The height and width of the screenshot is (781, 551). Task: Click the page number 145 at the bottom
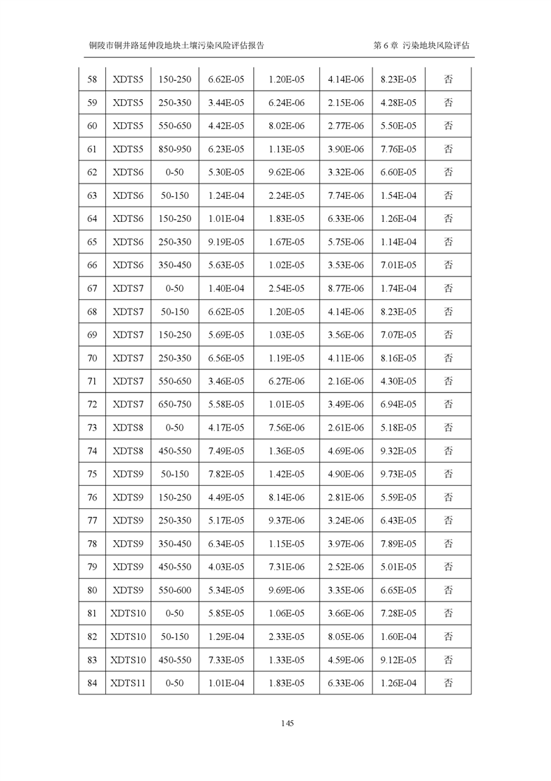(x=288, y=723)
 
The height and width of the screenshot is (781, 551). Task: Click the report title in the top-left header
(x=176, y=45)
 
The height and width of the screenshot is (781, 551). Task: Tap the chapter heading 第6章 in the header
(x=386, y=45)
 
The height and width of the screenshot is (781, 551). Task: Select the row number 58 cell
(x=92, y=80)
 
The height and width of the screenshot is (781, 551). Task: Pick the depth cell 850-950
(x=174, y=149)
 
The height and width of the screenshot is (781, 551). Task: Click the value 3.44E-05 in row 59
(x=226, y=103)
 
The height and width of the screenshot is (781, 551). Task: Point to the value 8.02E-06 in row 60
(x=286, y=126)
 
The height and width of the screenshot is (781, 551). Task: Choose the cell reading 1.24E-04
(x=226, y=195)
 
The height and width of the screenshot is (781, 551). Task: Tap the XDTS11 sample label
(x=128, y=683)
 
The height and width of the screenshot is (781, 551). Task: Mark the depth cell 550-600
(x=174, y=590)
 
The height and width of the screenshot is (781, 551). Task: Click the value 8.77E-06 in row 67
(x=346, y=288)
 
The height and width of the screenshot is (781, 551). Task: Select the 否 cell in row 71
(x=448, y=381)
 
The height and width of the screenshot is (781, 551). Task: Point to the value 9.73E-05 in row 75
(x=398, y=474)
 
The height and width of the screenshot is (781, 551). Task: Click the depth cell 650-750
(x=174, y=404)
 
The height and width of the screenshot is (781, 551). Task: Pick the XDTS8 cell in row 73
(x=128, y=427)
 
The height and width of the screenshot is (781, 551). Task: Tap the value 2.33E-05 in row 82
(x=286, y=637)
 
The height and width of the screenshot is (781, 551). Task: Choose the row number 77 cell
(x=92, y=520)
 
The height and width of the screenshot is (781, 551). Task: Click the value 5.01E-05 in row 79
(x=398, y=567)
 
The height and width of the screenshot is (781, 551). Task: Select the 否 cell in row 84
(x=448, y=683)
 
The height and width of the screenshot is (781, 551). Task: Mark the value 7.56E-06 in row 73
(x=286, y=427)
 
